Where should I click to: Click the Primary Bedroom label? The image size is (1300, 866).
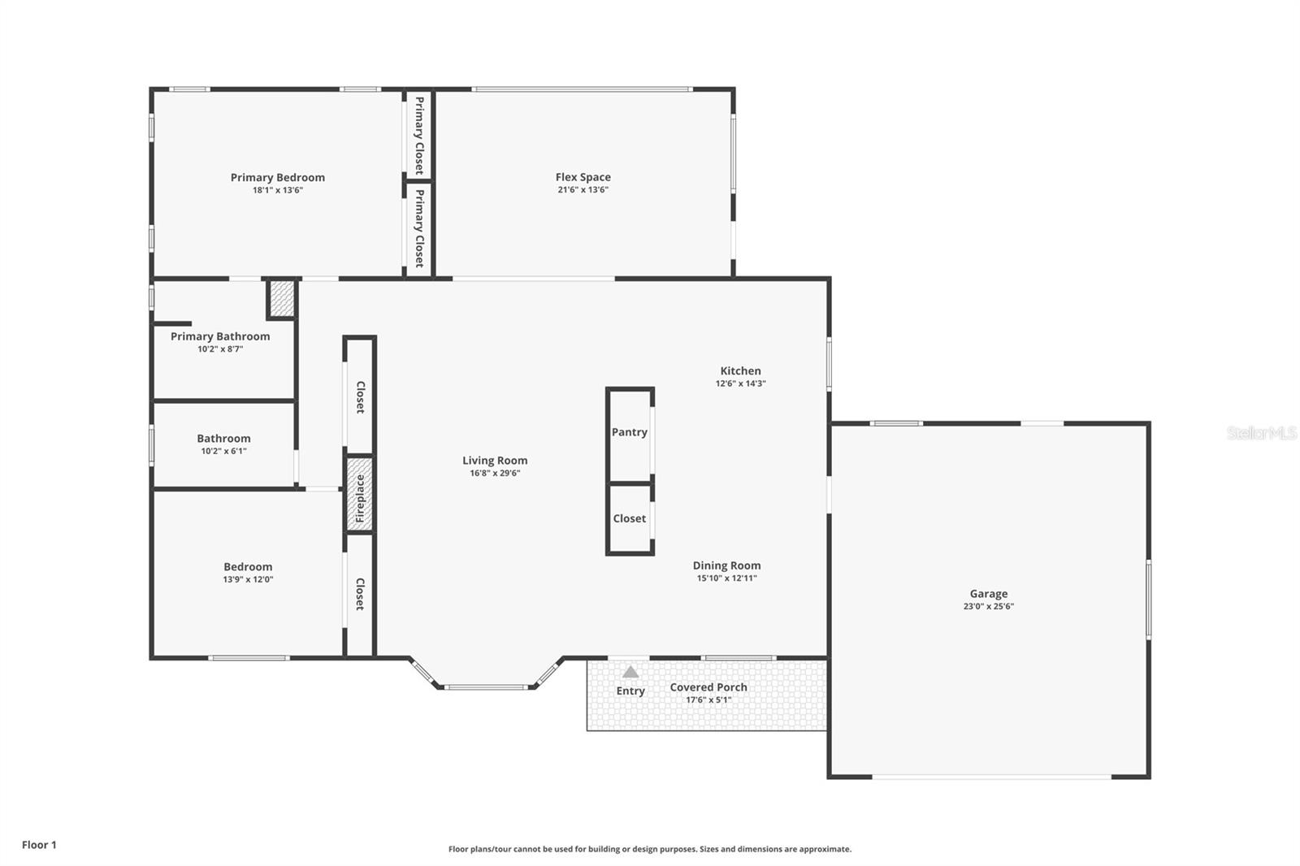(x=277, y=177)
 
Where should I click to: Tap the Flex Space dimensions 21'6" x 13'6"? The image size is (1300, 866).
(x=583, y=190)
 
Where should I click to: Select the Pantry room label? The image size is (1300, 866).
(x=630, y=432)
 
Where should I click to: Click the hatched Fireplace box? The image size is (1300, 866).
(x=360, y=495)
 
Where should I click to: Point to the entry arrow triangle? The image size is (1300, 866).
(x=630, y=672)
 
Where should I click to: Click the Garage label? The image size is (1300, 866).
(x=988, y=594)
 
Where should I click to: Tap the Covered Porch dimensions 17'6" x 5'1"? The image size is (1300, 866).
(x=708, y=699)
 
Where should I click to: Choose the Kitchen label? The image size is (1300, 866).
(x=740, y=370)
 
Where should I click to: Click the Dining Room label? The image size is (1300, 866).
(x=726, y=565)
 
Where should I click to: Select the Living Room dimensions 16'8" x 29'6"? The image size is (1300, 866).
(x=495, y=473)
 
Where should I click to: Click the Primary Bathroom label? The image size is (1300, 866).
(x=220, y=336)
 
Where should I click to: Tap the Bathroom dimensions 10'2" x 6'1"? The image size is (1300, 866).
(x=223, y=451)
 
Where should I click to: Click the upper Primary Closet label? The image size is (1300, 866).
(x=419, y=135)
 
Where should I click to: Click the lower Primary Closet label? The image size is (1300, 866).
(x=419, y=228)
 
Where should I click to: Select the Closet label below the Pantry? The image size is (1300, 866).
(x=630, y=518)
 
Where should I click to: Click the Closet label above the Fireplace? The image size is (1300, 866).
(x=360, y=397)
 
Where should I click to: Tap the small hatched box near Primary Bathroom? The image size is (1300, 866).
(x=282, y=299)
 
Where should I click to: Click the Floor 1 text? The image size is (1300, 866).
(x=39, y=845)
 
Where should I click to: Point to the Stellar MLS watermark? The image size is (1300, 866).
(x=1261, y=433)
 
